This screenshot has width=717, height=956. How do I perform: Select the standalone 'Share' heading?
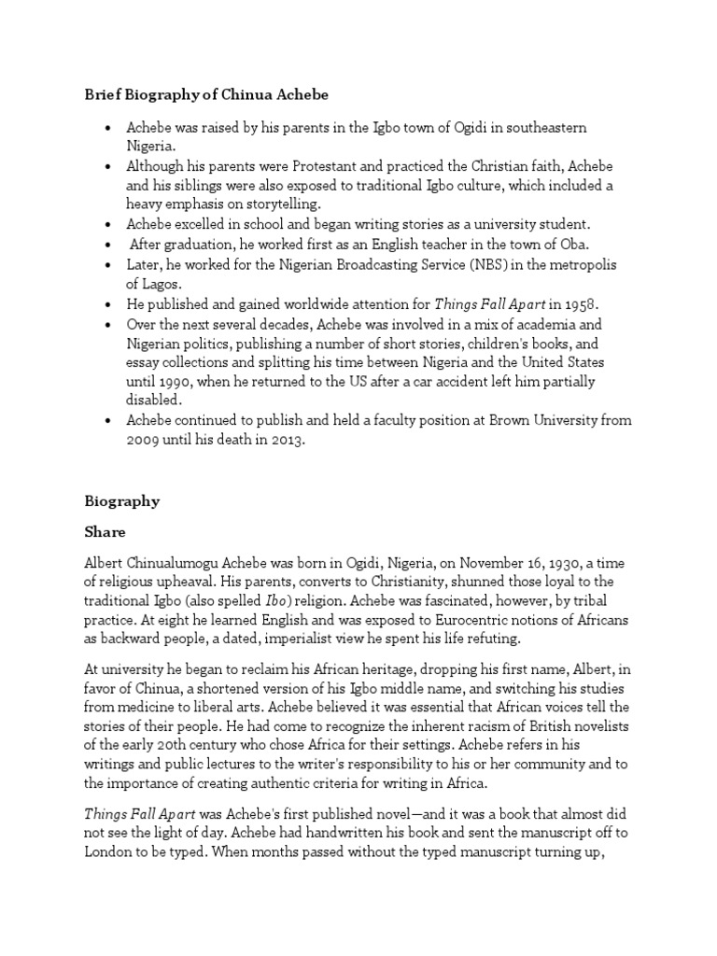point(104,531)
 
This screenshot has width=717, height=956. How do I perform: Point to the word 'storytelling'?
point(280,204)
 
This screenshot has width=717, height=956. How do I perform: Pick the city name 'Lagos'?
point(146,284)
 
